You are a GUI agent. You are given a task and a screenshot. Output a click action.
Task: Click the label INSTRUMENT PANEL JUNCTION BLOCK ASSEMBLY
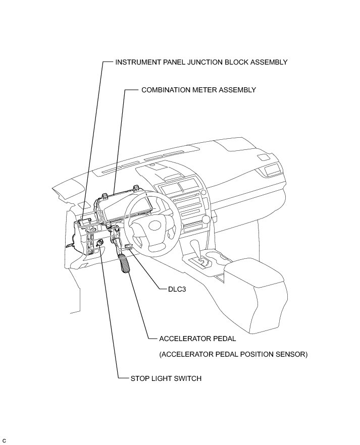click(201, 62)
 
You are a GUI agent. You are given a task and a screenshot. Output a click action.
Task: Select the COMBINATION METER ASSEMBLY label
click(198, 90)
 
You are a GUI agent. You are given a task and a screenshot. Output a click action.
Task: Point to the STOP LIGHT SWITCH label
click(166, 378)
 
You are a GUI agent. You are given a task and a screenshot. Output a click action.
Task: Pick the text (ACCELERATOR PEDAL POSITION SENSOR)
click(233, 354)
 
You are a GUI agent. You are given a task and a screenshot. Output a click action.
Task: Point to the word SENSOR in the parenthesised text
click(290, 354)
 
